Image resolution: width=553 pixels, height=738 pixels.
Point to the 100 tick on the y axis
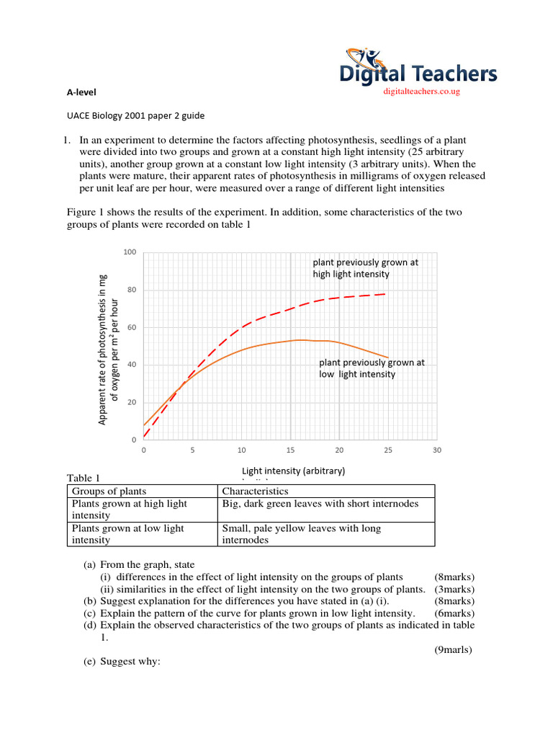[129, 252]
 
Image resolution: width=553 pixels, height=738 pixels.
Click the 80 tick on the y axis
[131, 290]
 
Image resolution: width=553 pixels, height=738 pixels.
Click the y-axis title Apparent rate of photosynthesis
[107, 349]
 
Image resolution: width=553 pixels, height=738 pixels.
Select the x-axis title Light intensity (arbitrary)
[294, 471]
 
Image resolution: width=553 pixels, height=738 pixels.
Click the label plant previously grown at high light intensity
[365, 268]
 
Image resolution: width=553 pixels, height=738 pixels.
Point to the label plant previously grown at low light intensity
[372, 368]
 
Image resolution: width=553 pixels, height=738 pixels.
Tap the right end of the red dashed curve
[387, 294]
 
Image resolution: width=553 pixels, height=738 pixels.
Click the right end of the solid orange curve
[388, 357]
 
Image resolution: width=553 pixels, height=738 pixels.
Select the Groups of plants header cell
[104, 491]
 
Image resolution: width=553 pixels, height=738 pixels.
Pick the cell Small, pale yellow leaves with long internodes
[302, 534]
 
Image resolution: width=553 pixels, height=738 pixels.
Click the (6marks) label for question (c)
[454, 613]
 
